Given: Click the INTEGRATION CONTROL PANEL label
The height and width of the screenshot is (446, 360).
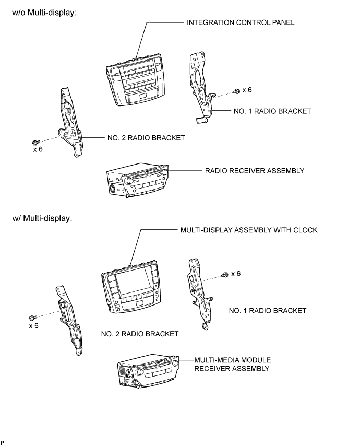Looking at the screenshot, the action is (241, 22).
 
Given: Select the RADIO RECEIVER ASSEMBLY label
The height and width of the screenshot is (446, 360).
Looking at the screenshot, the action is (255, 171).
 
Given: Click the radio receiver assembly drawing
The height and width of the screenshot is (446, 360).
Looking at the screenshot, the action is (138, 181).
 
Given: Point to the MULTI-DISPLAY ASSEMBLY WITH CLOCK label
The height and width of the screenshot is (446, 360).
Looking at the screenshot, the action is (249, 230).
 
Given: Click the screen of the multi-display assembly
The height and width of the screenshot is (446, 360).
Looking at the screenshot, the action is (133, 281).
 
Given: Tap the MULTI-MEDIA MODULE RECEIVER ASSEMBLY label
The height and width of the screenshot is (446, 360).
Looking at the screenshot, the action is (232, 365).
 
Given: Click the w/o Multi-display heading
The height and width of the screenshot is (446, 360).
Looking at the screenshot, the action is (44, 13).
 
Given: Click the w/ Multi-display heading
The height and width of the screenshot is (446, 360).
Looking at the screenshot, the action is (42, 218).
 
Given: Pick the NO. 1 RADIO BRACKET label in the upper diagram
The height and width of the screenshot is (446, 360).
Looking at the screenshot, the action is (272, 111).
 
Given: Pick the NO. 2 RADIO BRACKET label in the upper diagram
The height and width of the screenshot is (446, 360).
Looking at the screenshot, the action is (146, 138).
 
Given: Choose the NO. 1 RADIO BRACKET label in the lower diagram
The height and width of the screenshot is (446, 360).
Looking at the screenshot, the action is (268, 311).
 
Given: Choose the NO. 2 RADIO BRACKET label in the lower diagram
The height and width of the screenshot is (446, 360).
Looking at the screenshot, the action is (140, 334).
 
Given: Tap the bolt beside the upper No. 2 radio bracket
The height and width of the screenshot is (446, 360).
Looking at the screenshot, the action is (35, 142).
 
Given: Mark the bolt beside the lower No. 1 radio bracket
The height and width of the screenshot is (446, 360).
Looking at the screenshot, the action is (225, 275).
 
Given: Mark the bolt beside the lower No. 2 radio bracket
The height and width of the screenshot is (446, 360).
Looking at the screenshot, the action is (33, 318).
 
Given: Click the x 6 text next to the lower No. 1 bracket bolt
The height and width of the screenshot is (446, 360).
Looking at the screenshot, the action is (236, 274).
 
